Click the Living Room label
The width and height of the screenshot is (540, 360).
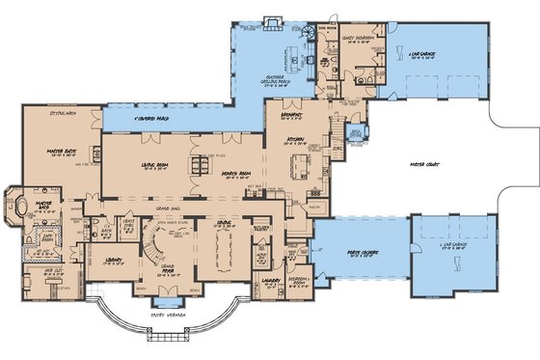[155, 165]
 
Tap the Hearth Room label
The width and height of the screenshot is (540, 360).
[235, 173]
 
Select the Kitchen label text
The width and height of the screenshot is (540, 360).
[296, 142]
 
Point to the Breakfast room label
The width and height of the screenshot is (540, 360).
[295, 114]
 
